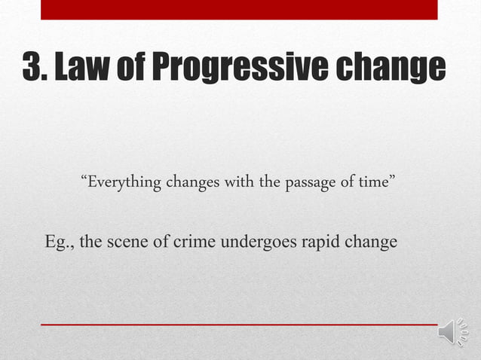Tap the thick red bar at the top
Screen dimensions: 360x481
tap(239, 9)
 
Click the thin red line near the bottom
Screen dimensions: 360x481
tap(239, 325)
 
